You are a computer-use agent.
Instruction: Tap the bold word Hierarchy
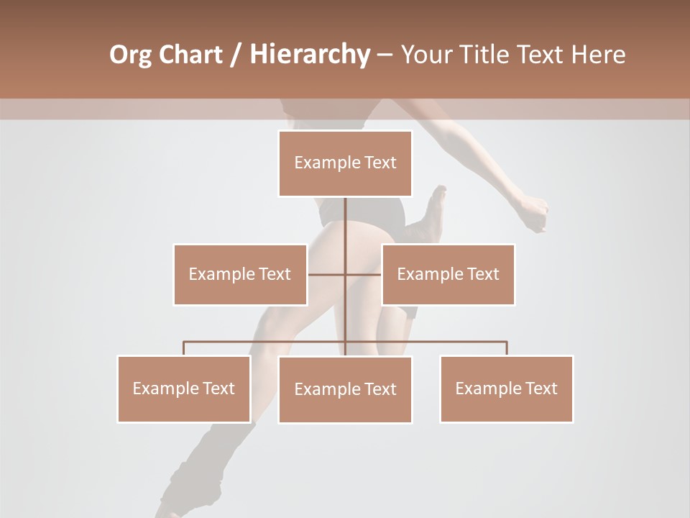click(x=309, y=55)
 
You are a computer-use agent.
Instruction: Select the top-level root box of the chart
click(x=345, y=163)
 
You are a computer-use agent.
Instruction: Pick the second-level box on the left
click(x=240, y=274)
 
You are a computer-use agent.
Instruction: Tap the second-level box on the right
click(x=448, y=274)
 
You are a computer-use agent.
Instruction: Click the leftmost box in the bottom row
click(x=184, y=388)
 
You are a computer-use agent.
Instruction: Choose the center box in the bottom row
click(x=345, y=389)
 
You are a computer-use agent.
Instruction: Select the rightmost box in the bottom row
click(x=506, y=388)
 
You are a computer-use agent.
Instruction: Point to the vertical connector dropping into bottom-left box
click(x=184, y=348)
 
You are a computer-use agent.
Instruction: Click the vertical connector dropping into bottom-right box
click(x=507, y=348)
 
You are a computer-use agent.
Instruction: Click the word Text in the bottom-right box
click(x=541, y=388)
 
